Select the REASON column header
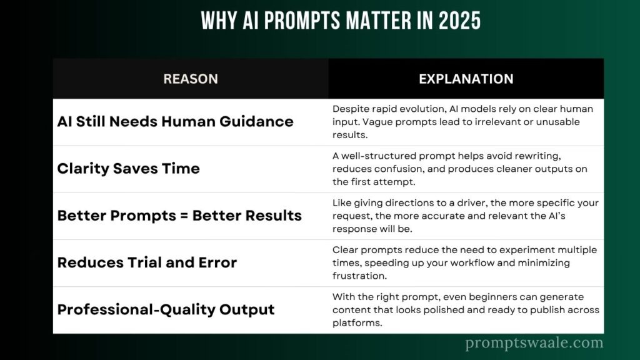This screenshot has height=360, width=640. [191, 79]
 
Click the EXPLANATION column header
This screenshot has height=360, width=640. [466, 79]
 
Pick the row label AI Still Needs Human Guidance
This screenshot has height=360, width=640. [175, 122]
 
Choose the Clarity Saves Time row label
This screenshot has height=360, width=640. [129, 169]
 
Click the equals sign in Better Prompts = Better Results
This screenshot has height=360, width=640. [184, 216]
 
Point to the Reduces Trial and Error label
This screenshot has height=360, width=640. [147, 262]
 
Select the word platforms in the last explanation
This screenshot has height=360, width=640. [357, 323]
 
